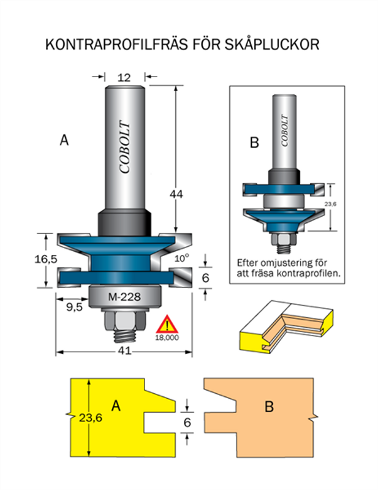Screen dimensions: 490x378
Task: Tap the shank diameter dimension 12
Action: pos(124,77)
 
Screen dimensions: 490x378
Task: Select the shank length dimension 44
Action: pos(176,194)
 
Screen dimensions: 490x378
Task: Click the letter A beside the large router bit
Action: pos(64,140)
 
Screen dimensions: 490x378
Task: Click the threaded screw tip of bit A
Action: pos(125,334)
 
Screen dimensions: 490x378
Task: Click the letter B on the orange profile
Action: pos(268,407)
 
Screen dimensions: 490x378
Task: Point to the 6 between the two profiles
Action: pos(187,422)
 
